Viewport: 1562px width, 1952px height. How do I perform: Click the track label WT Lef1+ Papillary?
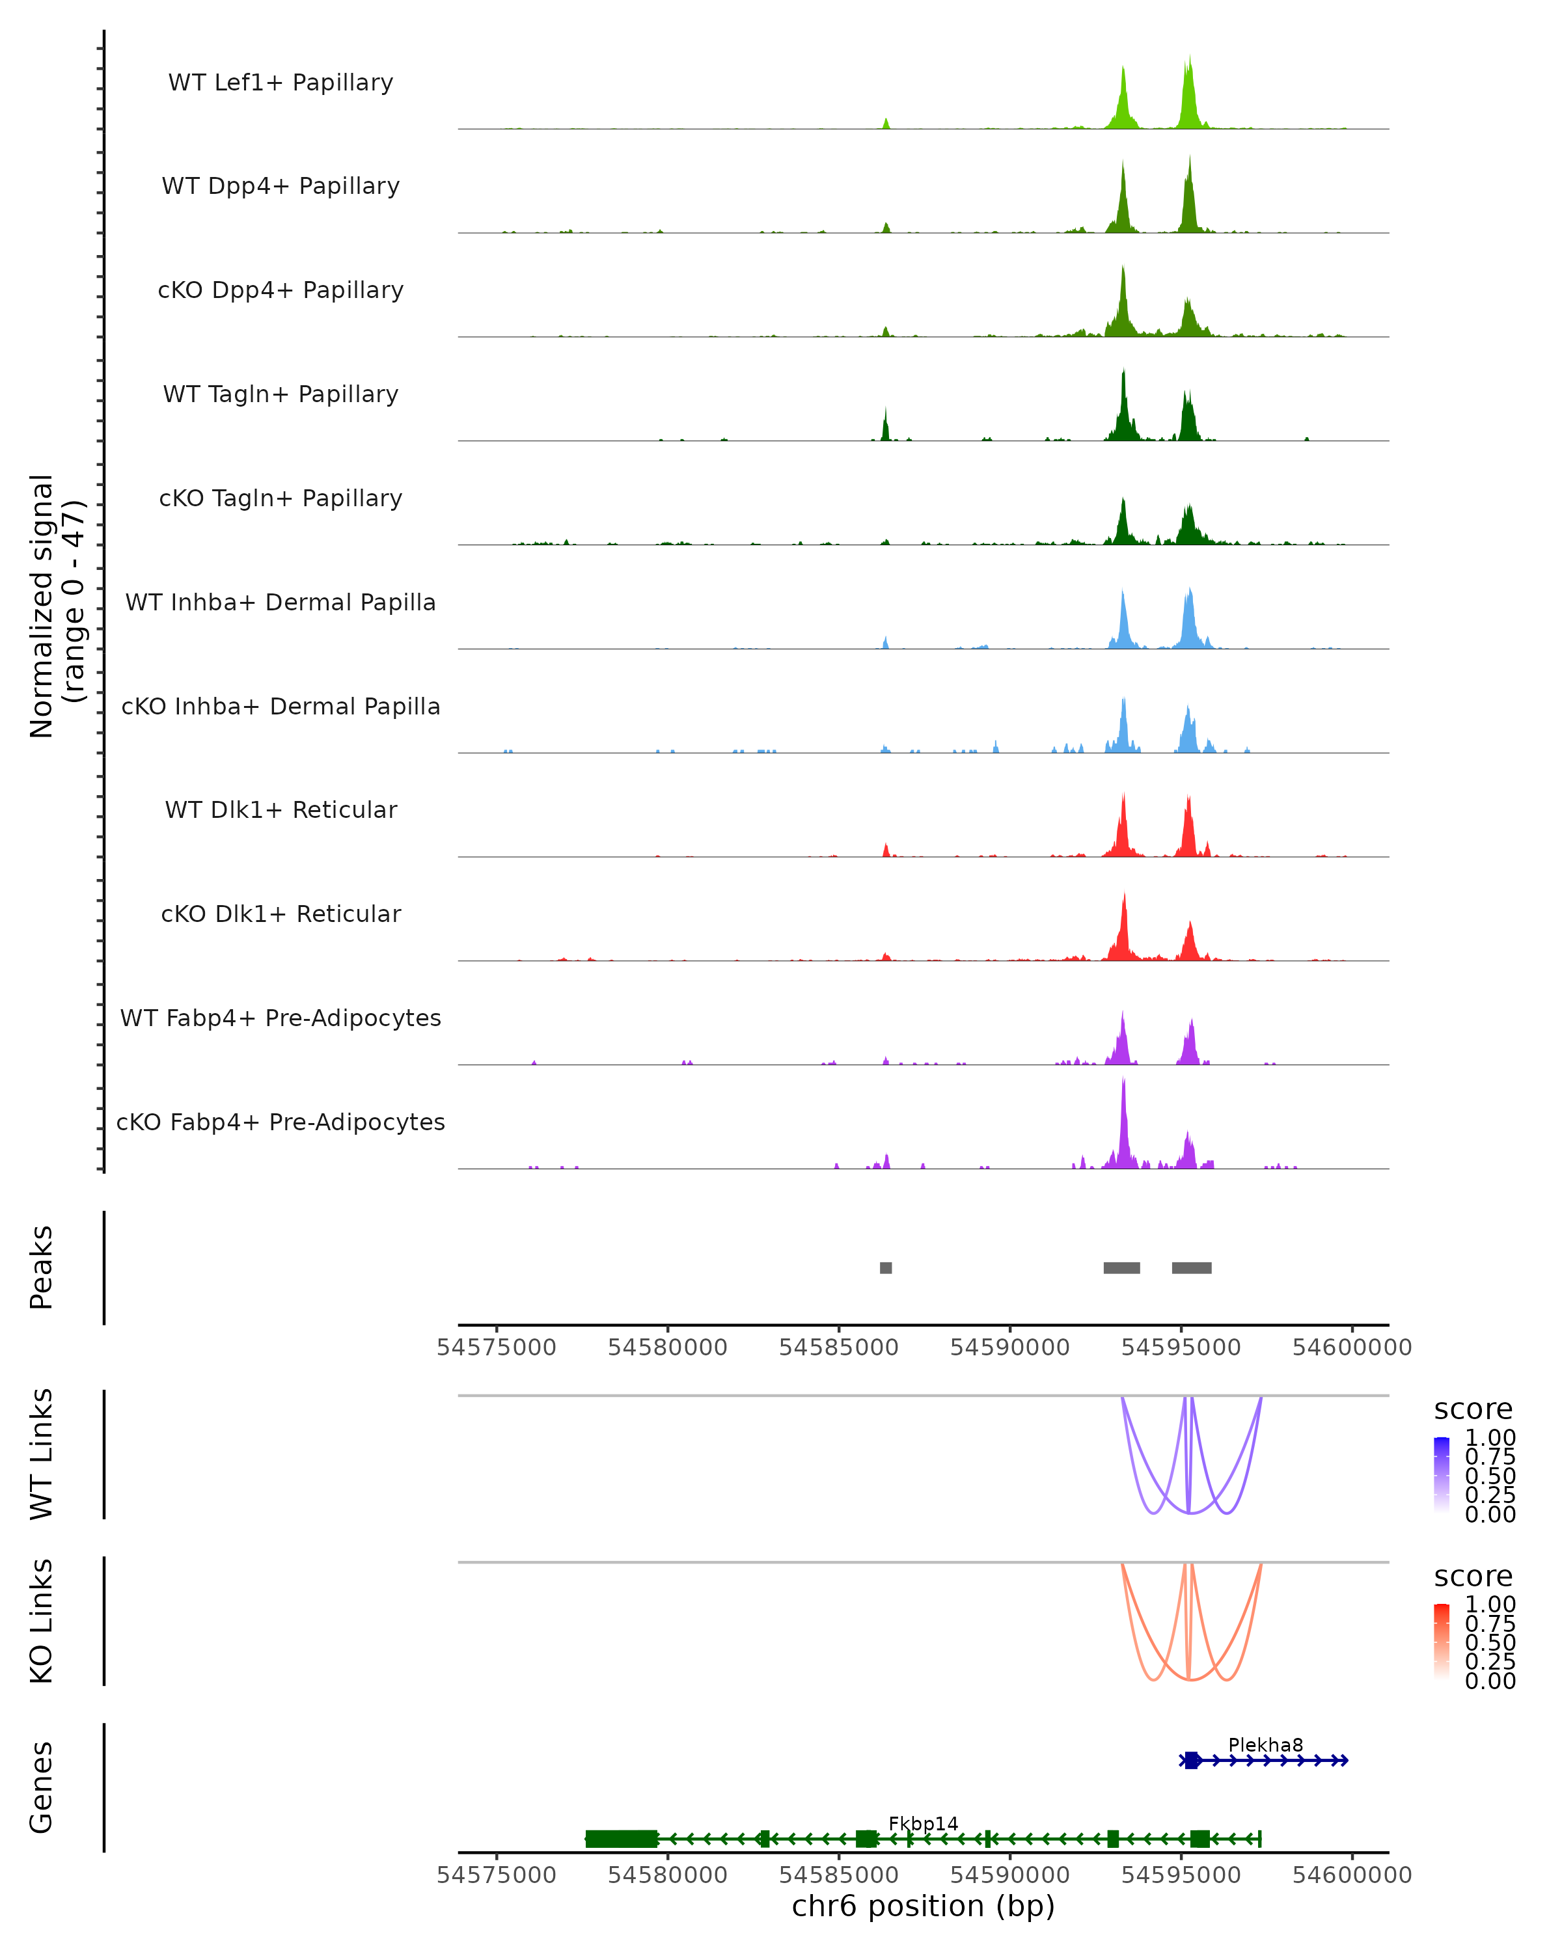point(281,83)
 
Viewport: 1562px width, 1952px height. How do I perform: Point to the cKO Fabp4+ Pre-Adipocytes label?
point(281,1122)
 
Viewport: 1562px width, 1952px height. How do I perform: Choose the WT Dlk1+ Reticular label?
point(281,809)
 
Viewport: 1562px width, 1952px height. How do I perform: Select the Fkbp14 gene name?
point(923,1823)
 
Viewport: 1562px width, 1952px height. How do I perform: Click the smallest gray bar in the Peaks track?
point(886,1267)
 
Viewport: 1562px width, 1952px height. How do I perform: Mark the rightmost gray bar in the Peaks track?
point(1191,1267)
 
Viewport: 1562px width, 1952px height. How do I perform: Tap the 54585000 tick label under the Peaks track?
point(838,1348)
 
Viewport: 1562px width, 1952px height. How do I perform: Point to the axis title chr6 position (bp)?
point(923,1906)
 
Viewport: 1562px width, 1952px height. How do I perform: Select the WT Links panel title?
point(42,1454)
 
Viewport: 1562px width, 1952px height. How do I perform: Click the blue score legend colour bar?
point(1442,1475)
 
